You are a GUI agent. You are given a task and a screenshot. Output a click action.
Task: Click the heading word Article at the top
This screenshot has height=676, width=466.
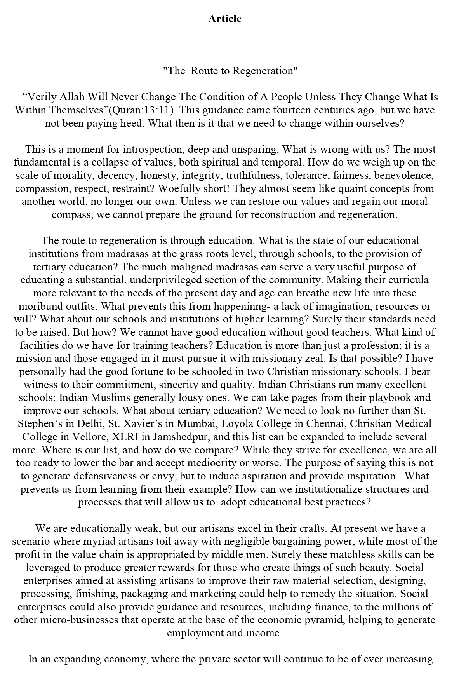(x=224, y=19)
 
